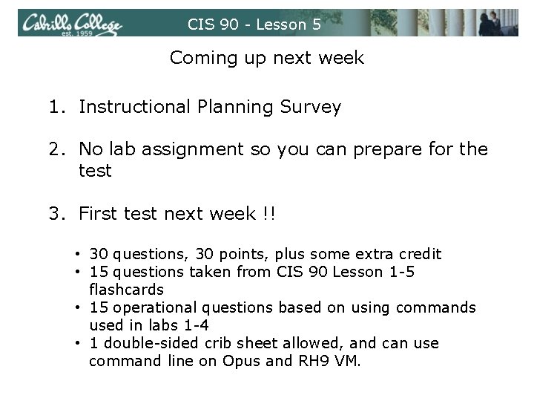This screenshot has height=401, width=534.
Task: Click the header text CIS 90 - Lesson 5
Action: [x=254, y=25]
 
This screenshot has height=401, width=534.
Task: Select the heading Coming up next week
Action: [x=267, y=58]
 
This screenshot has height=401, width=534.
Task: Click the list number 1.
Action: [x=57, y=107]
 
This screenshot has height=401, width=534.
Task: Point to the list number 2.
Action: [x=57, y=149]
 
